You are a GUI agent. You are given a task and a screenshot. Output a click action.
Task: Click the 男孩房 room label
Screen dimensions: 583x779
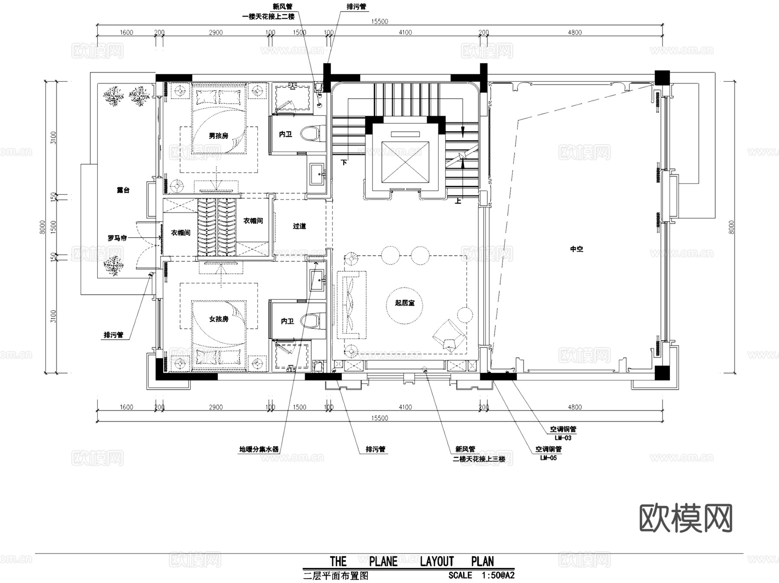[218, 136]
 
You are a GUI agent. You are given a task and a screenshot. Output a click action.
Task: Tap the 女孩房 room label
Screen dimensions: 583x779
[218, 319]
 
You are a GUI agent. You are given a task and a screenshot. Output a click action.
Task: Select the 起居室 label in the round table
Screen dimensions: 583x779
[404, 303]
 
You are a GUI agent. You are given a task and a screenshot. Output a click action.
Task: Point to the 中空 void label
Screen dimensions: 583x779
[576, 249]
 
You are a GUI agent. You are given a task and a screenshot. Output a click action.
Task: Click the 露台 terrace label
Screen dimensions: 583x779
[123, 190]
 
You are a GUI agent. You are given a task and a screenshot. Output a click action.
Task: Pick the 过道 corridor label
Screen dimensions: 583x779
[299, 226]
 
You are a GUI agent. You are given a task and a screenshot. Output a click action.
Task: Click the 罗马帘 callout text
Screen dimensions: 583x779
[117, 238]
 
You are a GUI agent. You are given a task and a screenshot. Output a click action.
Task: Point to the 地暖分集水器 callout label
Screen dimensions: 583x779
[259, 449]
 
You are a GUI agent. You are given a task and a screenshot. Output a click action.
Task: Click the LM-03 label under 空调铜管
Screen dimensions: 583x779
[563, 438]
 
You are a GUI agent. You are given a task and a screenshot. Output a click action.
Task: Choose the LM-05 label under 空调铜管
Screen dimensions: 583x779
[548, 458]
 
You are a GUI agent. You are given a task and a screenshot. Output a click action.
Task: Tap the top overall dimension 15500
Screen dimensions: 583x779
[379, 22]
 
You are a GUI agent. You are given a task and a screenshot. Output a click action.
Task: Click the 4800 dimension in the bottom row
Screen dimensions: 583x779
[574, 407]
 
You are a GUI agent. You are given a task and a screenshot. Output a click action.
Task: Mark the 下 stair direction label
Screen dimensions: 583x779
[344, 163]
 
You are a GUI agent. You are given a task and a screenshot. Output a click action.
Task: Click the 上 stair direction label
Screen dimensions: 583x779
[458, 201]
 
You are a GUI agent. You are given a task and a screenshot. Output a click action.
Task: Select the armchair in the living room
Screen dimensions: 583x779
[449, 335]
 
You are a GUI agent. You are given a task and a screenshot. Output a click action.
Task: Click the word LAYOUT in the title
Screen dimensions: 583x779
[437, 561]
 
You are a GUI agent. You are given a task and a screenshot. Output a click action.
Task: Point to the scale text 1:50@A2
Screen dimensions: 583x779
[498, 575]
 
